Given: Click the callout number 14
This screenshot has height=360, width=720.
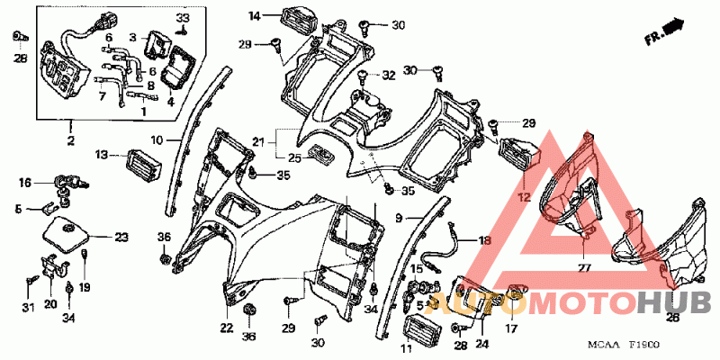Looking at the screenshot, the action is point(255,17).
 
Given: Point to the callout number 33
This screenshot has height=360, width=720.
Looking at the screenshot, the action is point(183,18).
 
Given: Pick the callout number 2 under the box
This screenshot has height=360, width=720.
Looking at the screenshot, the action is point(70,140).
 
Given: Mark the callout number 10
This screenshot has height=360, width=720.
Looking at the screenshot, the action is point(157,139).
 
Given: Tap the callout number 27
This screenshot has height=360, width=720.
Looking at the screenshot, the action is point(583,267).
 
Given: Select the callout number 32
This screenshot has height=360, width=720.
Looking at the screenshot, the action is point(388,76).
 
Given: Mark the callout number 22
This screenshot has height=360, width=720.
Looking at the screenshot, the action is point(226,328).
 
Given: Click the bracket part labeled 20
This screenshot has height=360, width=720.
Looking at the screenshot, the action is point(54,266).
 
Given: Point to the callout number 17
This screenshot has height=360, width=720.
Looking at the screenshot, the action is point(511,328).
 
